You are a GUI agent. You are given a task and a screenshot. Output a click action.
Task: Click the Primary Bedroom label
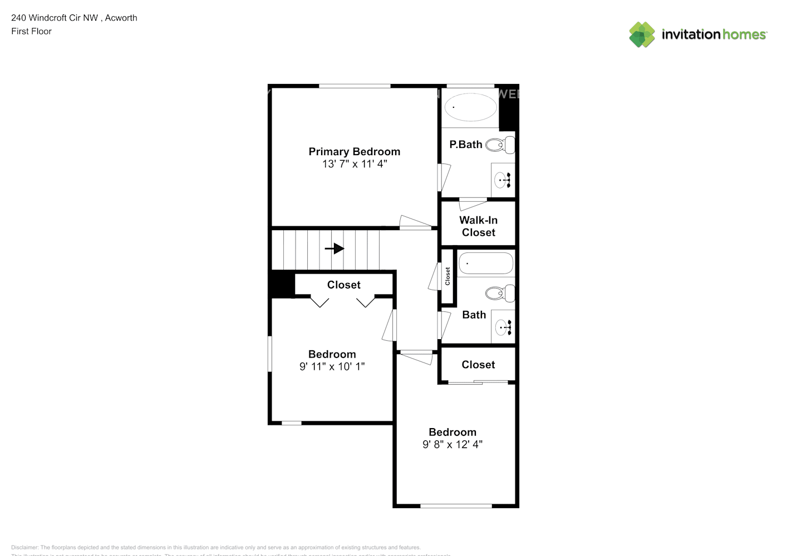coord(354,151)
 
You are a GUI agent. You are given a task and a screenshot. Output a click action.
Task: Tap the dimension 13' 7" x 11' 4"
coord(354,164)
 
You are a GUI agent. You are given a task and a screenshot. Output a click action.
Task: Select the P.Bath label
coord(465,145)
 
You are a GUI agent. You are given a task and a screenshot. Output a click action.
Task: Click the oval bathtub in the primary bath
coord(470,106)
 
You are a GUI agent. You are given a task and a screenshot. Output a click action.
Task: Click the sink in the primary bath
coord(502,180)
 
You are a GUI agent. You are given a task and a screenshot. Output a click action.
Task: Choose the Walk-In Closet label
coord(478,226)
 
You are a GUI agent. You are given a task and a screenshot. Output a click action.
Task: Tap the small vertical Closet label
coord(447,276)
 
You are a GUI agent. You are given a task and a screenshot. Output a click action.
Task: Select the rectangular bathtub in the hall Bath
coord(485,264)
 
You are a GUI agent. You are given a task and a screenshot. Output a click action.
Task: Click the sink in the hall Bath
coord(503,327)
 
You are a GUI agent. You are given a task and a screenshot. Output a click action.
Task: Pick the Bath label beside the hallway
coord(474,315)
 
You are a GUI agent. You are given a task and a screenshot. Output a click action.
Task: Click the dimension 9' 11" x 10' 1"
coord(332,366)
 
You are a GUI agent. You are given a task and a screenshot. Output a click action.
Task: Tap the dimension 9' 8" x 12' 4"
coord(452,444)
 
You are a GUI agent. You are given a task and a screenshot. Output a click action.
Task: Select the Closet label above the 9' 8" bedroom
coord(478,365)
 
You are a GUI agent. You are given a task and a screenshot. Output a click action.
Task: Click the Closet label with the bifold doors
coord(343,285)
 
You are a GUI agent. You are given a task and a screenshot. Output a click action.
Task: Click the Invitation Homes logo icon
coord(642,34)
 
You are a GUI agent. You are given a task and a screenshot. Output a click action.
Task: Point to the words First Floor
coord(31,31)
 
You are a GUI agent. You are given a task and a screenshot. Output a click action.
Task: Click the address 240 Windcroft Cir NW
coord(55,18)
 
